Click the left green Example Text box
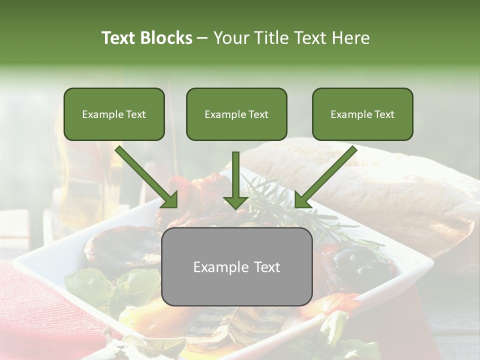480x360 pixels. pyautogui.click(x=114, y=114)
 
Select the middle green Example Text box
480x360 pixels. pyautogui.click(x=236, y=114)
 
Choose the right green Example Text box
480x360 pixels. pyautogui.click(x=362, y=114)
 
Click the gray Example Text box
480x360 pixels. pyautogui.click(x=236, y=267)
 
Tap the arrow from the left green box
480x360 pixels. pyautogui.click(x=147, y=177)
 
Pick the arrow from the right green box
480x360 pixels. pyautogui.click(x=325, y=177)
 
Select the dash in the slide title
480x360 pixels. pyautogui.click(x=203, y=38)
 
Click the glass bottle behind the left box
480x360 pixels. pyautogui.click(x=85, y=185)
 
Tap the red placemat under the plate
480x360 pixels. pyautogui.click(x=35, y=310)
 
